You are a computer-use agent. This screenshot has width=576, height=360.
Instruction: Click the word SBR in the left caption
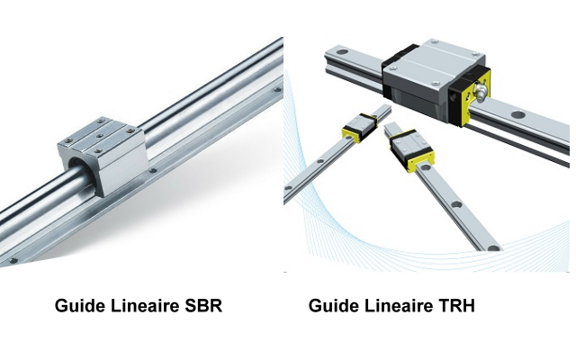(203, 306)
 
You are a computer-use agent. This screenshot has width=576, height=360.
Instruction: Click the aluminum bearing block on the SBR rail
(103, 156)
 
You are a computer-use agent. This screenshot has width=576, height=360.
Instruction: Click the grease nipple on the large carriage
(481, 91)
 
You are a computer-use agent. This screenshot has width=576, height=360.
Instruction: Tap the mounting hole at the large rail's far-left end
(342, 51)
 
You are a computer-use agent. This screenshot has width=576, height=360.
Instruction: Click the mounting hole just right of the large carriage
(518, 115)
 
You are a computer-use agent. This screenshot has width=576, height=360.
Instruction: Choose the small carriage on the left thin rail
(360, 128)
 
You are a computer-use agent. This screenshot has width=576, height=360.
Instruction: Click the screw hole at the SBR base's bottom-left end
(13, 261)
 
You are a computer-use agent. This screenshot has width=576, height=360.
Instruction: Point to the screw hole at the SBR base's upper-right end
(277, 89)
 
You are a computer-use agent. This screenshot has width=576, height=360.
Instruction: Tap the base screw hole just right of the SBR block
(153, 170)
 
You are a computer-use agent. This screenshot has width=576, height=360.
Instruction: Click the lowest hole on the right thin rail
(493, 248)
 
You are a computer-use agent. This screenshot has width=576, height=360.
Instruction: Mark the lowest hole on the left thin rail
(288, 188)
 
